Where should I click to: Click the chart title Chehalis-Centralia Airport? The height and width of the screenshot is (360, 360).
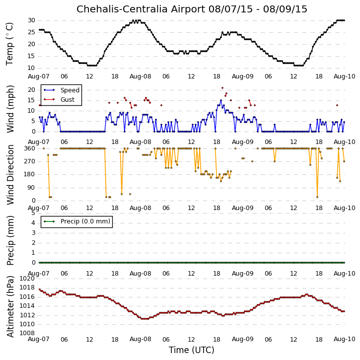point(141,9)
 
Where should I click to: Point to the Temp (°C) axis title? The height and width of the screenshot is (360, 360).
point(9,44)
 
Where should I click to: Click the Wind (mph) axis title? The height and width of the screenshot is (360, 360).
point(10,109)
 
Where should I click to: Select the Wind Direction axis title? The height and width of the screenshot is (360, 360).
point(10,175)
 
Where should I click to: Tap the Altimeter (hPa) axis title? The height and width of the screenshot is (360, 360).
point(10,306)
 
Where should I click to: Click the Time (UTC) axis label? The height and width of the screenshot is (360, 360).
point(192,350)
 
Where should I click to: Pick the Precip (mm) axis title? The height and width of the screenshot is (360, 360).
point(10,240)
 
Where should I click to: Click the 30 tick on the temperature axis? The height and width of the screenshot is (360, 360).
point(31,20)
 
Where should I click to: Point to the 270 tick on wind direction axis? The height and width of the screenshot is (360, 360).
point(30,161)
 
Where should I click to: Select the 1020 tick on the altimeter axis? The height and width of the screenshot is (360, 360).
point(27,279)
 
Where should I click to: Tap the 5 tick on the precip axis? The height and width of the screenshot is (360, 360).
point(33,213)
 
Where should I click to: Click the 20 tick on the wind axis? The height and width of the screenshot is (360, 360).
point(31,90)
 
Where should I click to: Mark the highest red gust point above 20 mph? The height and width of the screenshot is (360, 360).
point(222,88)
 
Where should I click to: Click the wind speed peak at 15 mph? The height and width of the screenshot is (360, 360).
point(221,100)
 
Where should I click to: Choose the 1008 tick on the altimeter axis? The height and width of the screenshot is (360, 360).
point(27,333)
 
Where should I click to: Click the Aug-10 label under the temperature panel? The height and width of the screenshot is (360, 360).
point(345,76)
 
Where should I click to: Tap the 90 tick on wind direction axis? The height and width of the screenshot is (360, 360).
point(31,188)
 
